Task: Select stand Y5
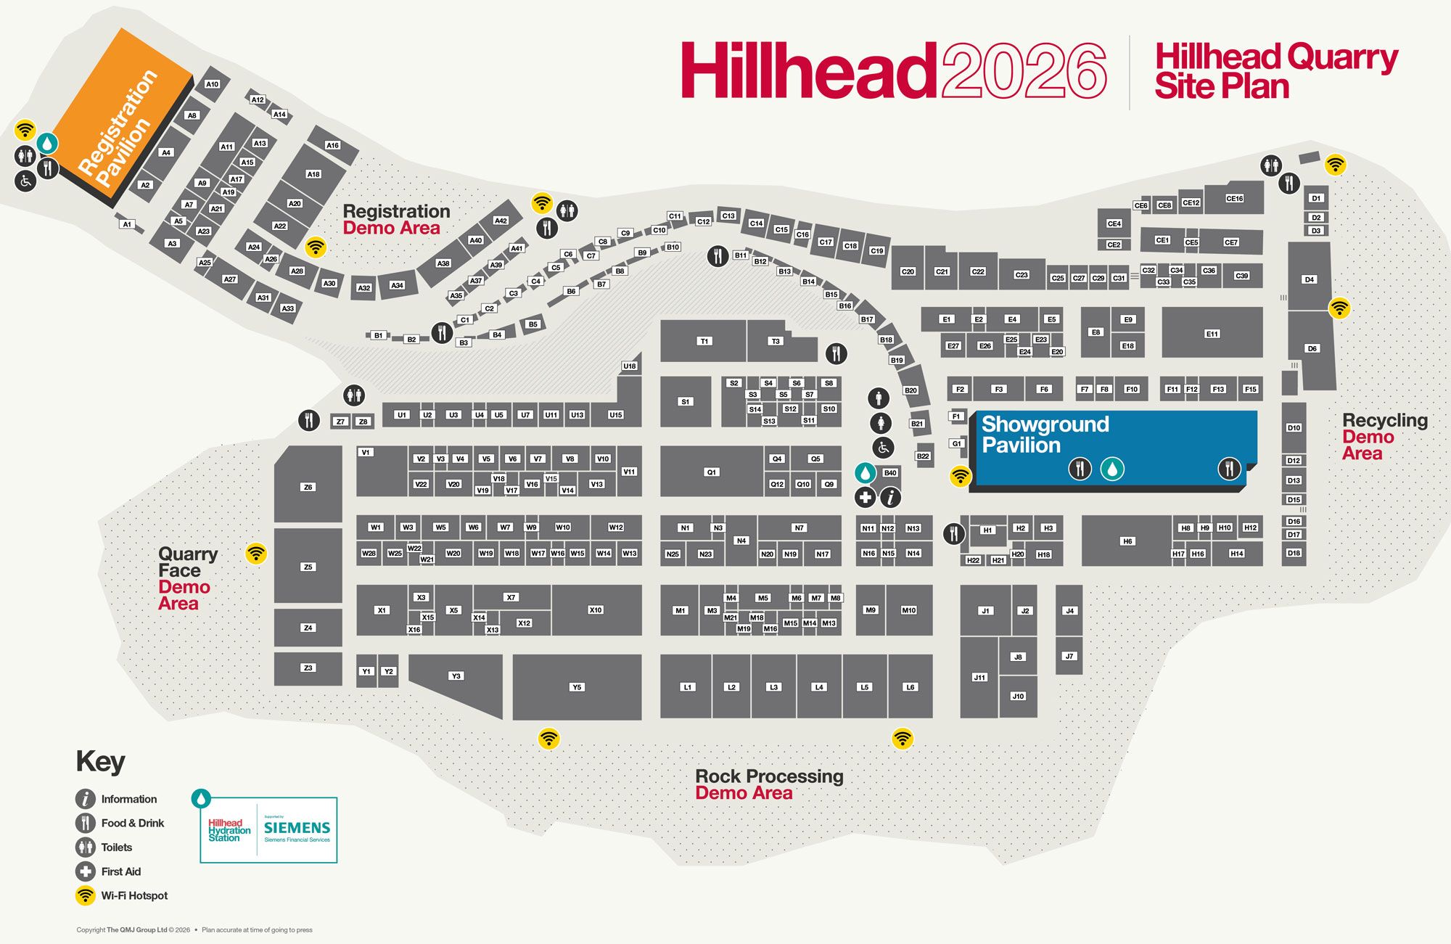pos(577,687)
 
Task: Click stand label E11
pos(1212,334)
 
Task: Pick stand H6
pos(1127,541)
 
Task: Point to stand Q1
pos(711,472)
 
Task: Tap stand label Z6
pos(308,487)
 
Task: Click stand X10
pos(596,610)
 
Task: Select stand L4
pos(819,687)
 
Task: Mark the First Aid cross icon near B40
pos(865,498)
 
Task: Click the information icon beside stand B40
pos(891,498)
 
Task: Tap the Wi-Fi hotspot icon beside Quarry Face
pos(255,554)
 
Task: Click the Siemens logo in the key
pos(297,828)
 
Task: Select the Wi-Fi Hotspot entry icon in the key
pos(86,895)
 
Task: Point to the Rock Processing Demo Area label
pos(769,784)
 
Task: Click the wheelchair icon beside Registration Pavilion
pos(25,181)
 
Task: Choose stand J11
pos(979,677)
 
